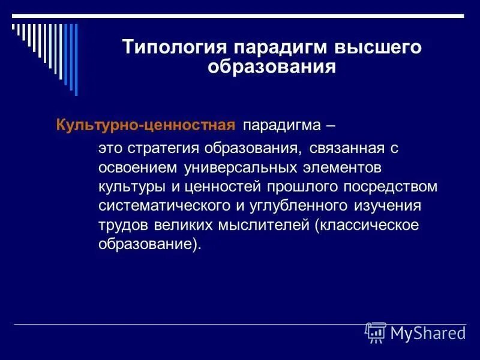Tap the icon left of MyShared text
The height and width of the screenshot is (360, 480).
(x=376, y=332)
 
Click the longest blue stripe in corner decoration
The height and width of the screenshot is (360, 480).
(x=75, y=59)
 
